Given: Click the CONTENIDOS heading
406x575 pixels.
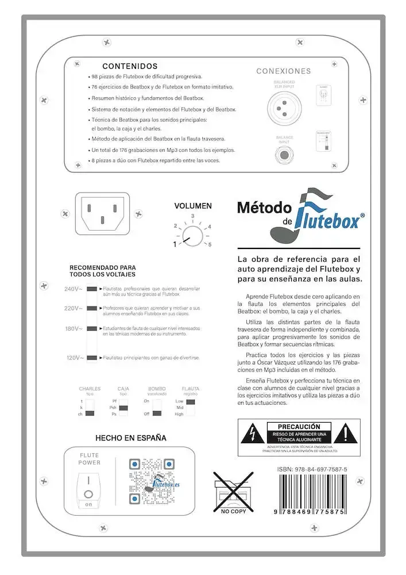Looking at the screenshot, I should point(130,66).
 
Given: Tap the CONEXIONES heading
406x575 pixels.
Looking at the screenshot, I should point(283,71).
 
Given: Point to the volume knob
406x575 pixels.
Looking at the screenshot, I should point(192,236).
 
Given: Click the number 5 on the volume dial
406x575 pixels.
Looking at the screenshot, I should point(210,244).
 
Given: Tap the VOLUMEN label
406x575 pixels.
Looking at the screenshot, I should point(193,206).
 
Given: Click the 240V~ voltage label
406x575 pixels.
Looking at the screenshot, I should point(73,289).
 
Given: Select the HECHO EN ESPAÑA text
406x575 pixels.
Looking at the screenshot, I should point(131,438).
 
